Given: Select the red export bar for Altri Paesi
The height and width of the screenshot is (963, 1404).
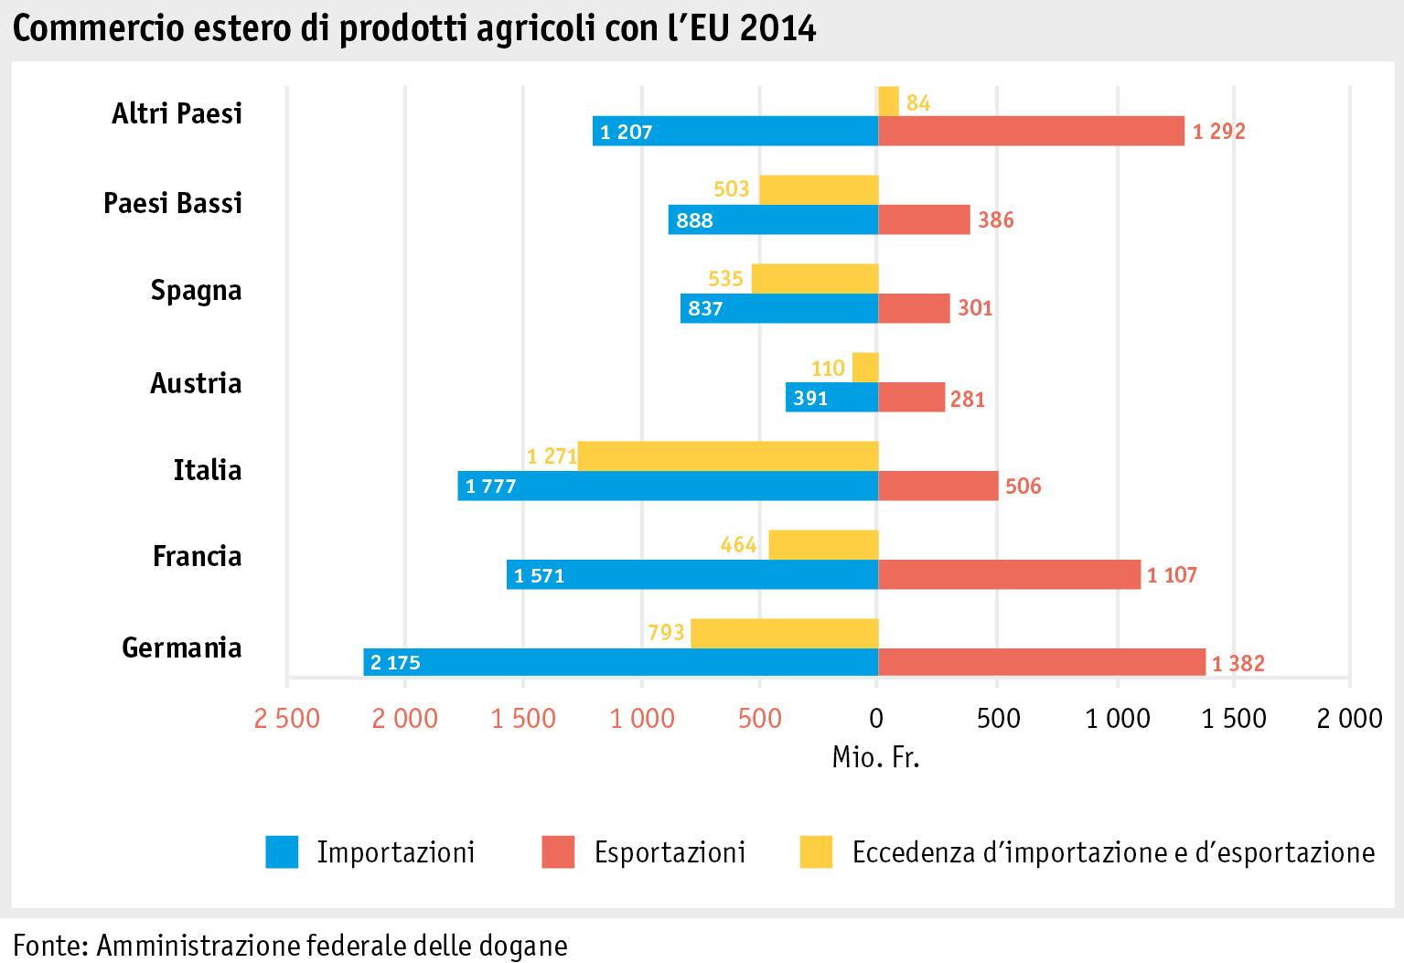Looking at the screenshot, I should (1031, 132).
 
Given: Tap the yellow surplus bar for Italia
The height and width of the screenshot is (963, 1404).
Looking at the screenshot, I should (728, 455).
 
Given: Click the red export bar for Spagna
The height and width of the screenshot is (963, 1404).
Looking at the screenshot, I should (914, 309).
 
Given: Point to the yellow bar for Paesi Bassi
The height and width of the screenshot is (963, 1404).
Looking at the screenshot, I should (819, 190).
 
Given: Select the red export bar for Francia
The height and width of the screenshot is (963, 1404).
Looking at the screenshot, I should (1009, 574).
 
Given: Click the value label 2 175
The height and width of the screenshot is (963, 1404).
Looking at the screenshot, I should (395, 662).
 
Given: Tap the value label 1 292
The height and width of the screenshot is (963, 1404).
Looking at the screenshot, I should (1218, 132).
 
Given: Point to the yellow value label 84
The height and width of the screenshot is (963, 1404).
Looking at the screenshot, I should (918, 103).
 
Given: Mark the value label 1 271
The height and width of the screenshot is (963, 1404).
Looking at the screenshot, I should (551, 455).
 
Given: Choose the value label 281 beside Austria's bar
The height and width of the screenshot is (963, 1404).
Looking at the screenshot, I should (968, 400).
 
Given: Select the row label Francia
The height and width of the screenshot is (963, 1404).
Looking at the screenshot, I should (197, 556).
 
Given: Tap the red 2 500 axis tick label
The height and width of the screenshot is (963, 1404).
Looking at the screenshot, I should (287, 719).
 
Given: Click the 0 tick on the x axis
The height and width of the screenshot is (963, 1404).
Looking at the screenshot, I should (877, 719).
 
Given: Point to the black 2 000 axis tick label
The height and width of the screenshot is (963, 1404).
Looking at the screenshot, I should (1349, 719).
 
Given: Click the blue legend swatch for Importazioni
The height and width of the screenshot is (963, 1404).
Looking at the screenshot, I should (282, 852).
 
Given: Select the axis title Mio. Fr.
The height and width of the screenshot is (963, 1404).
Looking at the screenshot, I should (875, 758).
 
